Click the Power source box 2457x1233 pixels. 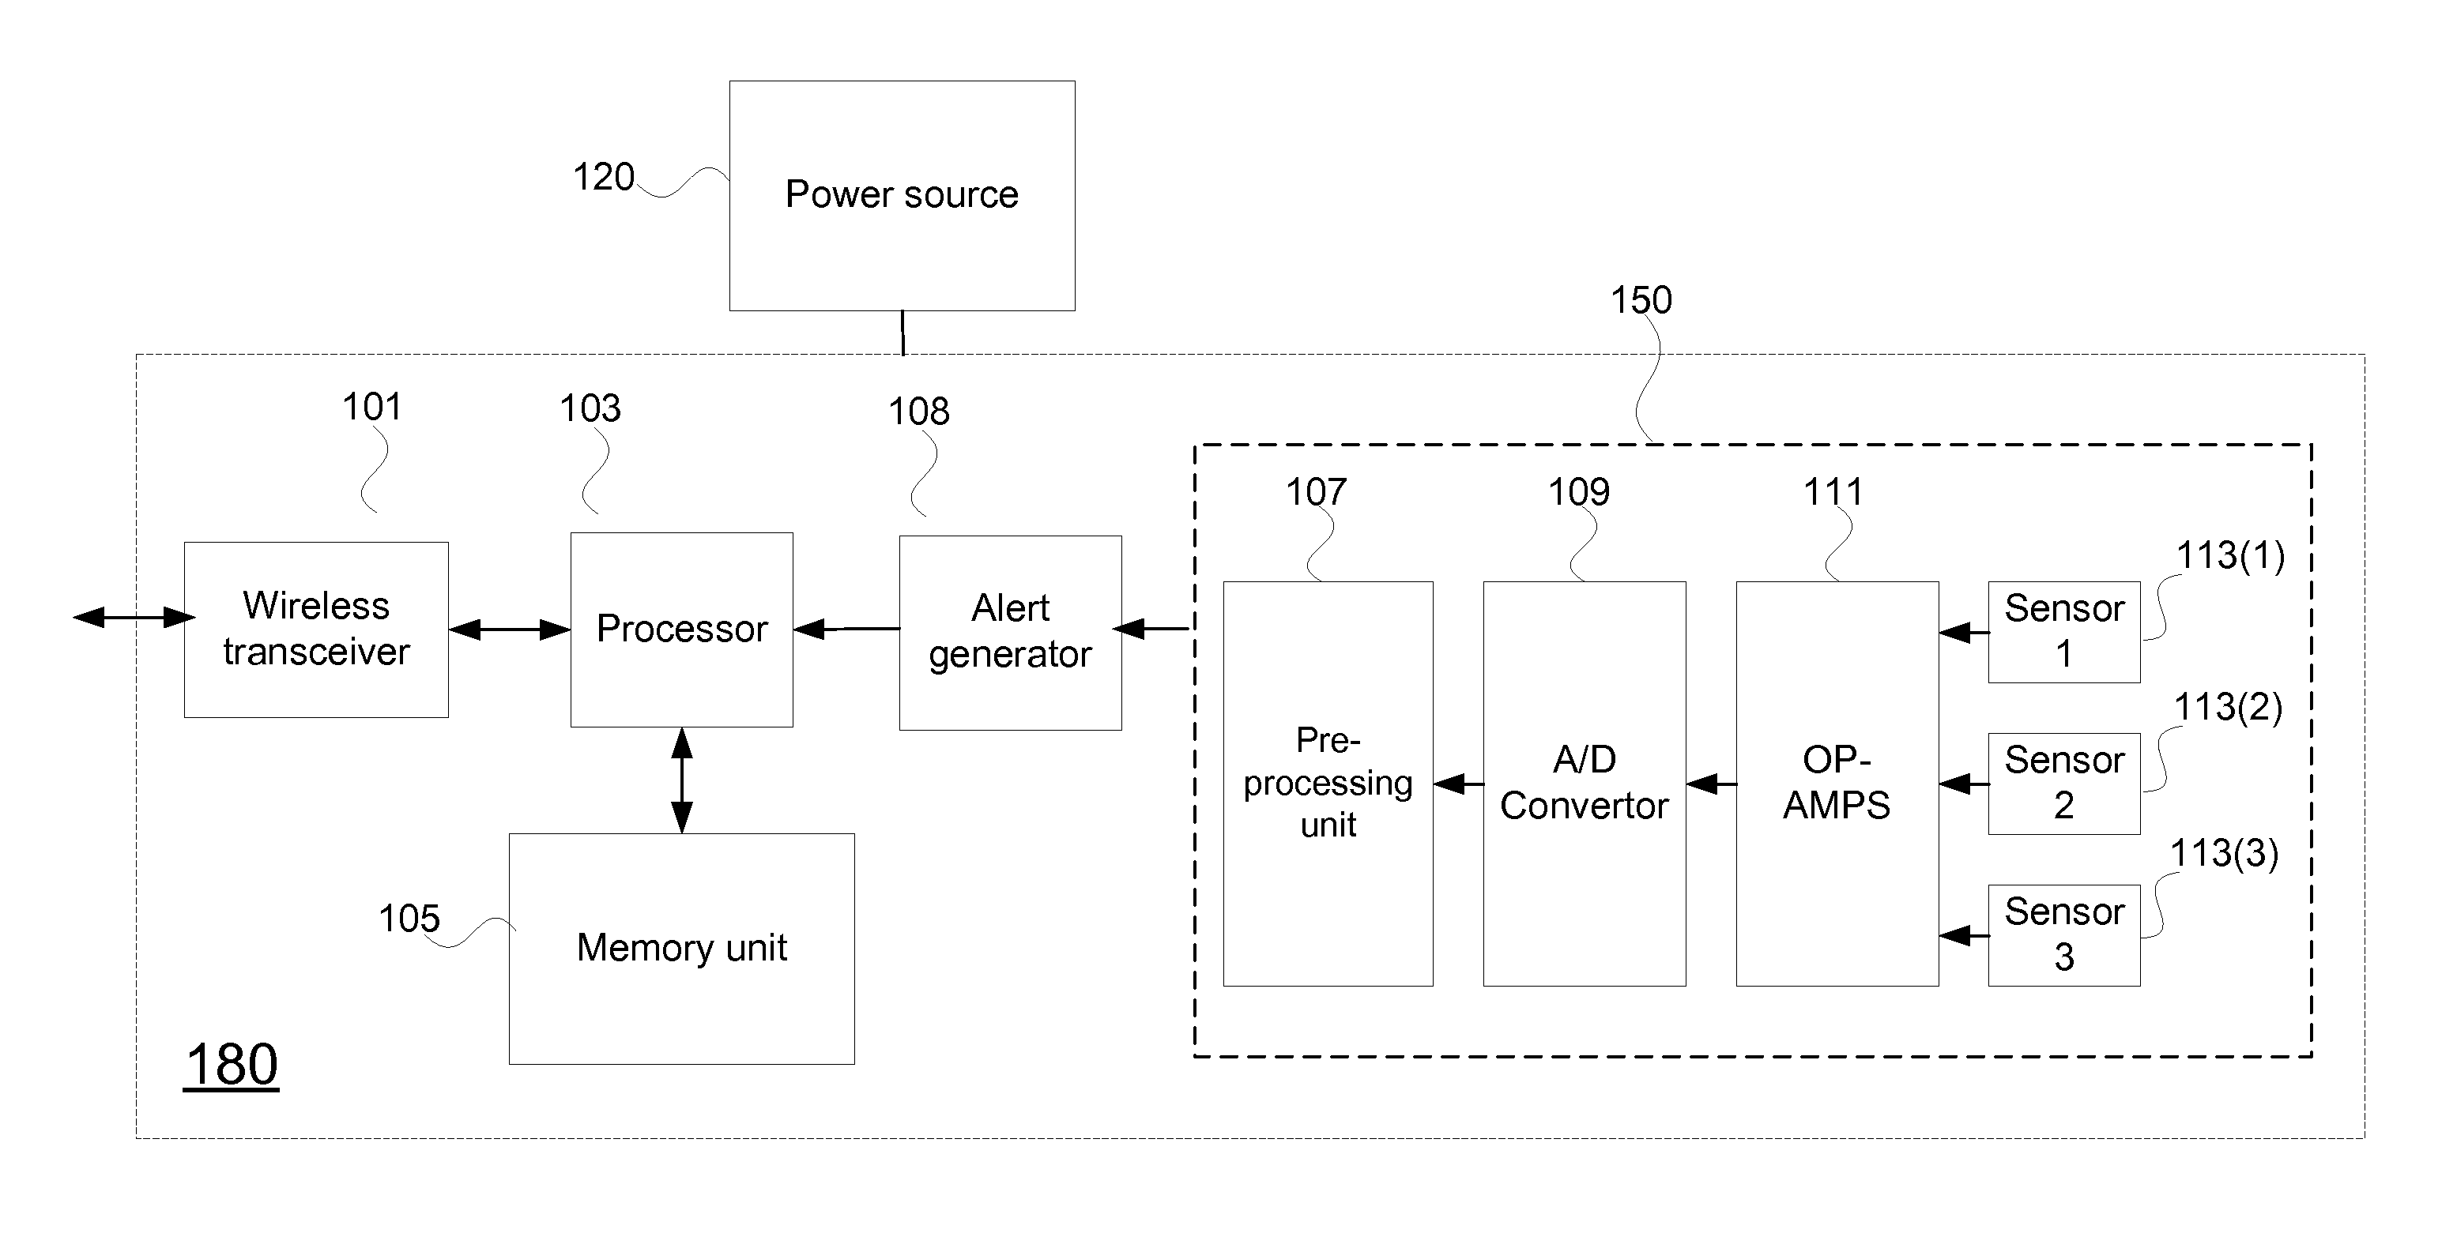pyautogui.click(x=903, y=195)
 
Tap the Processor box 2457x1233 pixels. pyautogui.click(x=682, y=630)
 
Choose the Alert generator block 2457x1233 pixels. pyautogui.click(x=1010, y=632)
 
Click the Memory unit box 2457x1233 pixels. pyautogui.click(x=682, y=949)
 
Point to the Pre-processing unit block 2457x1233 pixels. pyautogui.click(x=1328, y=784)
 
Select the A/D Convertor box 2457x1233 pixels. pyautogui.click(x=1585, y=784)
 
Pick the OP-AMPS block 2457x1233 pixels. pyautogui.click(x=1837, y=784)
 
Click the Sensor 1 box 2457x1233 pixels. pyautogui.click(x=2064, y=632)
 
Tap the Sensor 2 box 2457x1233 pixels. pyautogui.click(x=2064, y=784)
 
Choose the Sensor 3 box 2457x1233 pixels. pyautogui.click(x=2064, y=935)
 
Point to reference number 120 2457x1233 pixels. pyautogui.click(x=604, y=178)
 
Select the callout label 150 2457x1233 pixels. pyautogui.click(x=1641, y=300)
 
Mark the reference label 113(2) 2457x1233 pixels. pyautogui.click(x=2228, y=708)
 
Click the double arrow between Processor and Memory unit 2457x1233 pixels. pyautogui.click(x=682, y=781)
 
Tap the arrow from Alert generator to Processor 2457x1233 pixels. pyautogui.click(x=846, y=630)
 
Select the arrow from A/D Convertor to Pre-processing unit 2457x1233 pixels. pyautogui.click(x=1458, y=784)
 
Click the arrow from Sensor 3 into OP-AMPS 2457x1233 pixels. pyautogui.click(x=1964, y=935)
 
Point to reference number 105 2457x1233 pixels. pyautogui.click(x=409, y=919)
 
